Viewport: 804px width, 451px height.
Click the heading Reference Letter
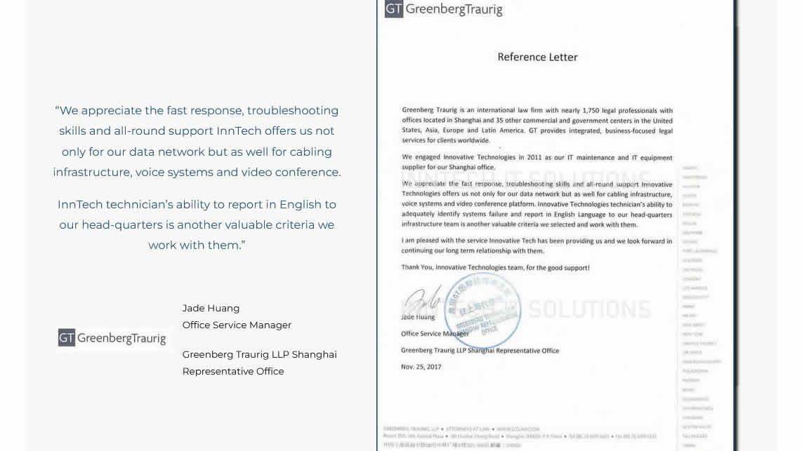coord(537,57)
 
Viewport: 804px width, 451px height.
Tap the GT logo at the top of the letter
coord(394,9)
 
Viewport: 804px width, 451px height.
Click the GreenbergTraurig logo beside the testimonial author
coord(112,338)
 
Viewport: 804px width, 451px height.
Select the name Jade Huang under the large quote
coord(211,308)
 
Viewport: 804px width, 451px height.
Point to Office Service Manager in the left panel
coord(237,325)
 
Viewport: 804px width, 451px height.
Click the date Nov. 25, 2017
coord(421,367)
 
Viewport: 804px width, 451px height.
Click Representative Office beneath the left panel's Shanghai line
coord(233,371)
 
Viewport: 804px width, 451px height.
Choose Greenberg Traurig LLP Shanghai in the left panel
coord(259,354)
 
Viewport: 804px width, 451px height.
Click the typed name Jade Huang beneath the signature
coord(418,317)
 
